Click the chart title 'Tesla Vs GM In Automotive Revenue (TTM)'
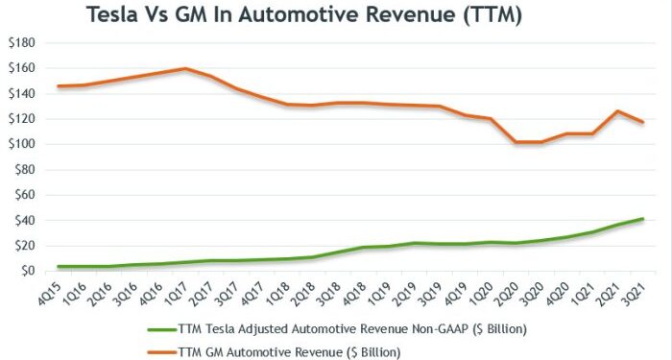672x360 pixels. [304, 16]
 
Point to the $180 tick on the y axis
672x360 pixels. [22, 43]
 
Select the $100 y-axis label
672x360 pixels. [22, 145]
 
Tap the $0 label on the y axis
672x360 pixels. [28, 272]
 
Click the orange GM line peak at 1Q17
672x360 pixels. [184, 68]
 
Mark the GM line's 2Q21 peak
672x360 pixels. [617, 111]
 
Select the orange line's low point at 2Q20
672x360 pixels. [516, 142]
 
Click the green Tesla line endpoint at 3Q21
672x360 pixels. [642, 219]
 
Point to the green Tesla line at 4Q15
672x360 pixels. [58, 266]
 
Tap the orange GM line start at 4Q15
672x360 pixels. [58, 86]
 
